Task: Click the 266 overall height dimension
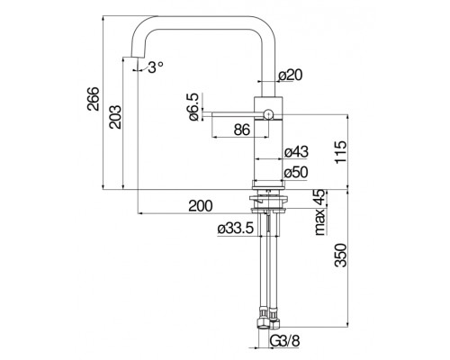tap(93, 99)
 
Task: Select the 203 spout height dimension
tap(115, 117)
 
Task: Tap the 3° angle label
tap(156, 67)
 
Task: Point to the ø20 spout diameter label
tap(290, 75)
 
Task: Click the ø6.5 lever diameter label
tap(193, 107)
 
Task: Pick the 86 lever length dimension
tap(242, 130)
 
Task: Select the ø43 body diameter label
tap(296, 151)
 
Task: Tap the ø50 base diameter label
tap(296, 172)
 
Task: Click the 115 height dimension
tap(341, 152)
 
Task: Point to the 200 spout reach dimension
tap(201, 206)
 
